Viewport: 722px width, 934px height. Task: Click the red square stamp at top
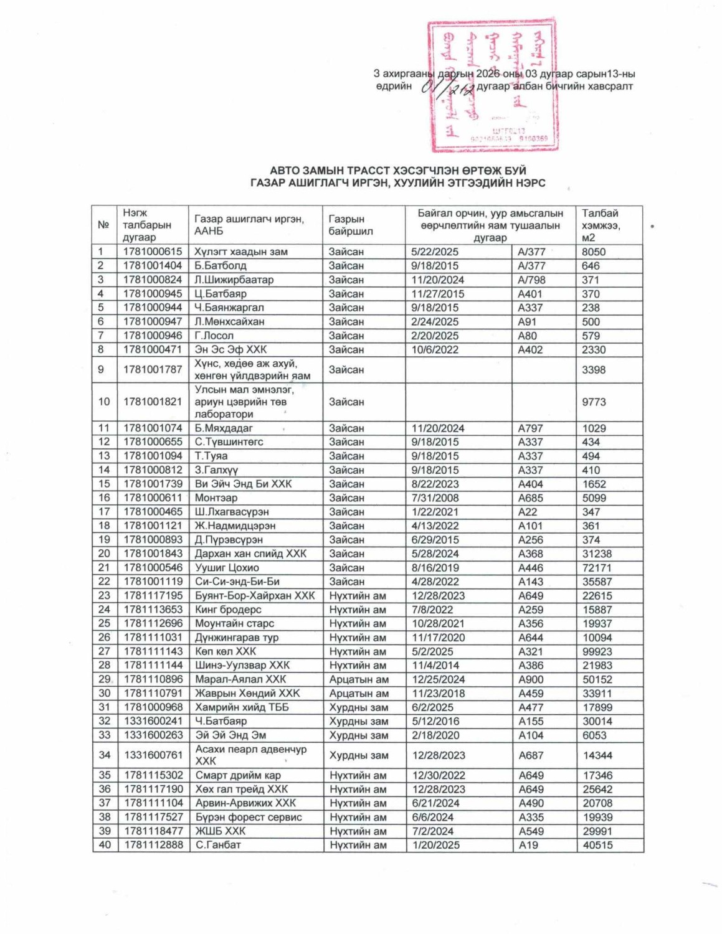tap(492, 86)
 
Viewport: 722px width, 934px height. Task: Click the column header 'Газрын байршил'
tap(351, 225)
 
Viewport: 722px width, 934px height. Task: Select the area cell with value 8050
tap(594, 252)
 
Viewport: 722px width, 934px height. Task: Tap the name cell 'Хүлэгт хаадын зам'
tap(241, 252)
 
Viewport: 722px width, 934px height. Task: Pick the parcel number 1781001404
tap(153, 266)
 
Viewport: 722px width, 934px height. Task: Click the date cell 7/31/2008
tap(435, 498)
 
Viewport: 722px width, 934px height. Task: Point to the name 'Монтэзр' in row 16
tap(216, 498)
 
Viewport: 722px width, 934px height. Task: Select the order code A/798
tap(531, 280)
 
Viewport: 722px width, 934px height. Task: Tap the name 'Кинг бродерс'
tap(228, 610)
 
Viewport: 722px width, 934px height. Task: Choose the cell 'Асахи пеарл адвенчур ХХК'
tap(251, 755)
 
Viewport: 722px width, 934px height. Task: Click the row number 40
tap(105, 845)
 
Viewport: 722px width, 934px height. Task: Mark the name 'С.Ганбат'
tap(218, 845)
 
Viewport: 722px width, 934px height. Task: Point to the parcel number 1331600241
tap(153, 721)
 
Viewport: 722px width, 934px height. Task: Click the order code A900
tap(531, 679)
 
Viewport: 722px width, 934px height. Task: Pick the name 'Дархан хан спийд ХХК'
tap(250, 554)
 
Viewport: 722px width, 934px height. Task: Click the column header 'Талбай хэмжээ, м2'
tap(601, 225)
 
